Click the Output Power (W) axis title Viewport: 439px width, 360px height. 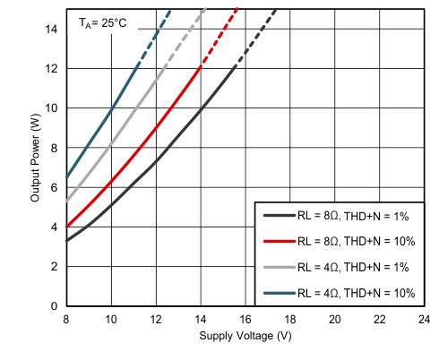(x=36, y=159)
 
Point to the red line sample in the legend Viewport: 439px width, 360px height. (x=277, y=241)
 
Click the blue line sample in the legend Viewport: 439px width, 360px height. (x=277, y=292)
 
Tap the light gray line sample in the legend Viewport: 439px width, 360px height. (x=277, y=267)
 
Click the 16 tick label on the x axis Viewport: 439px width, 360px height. (x=245, y=319)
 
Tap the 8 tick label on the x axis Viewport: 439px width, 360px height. (x=66, y=319)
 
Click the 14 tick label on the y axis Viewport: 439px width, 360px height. (x=54, y=29)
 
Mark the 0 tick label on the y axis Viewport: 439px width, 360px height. (x=56, y=306)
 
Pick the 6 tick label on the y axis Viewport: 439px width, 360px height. (x=56, y=187)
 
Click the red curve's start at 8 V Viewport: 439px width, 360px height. (x=66, y=227)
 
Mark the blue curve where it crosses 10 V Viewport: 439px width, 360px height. (x=111, y=109)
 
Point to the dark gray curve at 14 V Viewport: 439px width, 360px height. (x=201, y=108)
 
